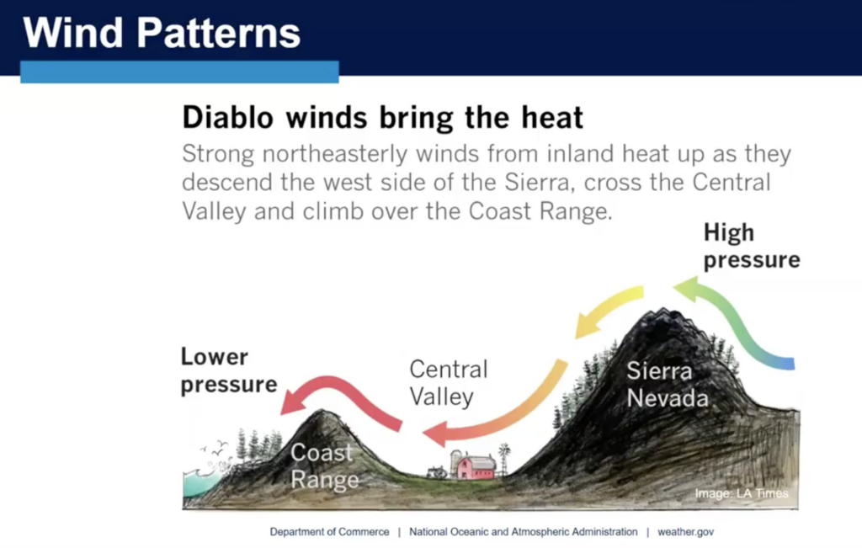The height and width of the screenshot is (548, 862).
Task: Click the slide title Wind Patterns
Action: (x=162, y=33)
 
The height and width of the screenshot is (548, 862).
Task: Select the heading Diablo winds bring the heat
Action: (x=383, y=118)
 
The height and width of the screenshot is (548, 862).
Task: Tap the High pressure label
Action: (x=752, y=246)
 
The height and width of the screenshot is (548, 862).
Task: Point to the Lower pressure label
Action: (x=229, y=370)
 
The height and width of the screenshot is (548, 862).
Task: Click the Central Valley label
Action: (x=449, y=383)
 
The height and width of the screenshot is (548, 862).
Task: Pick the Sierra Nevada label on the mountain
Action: (x=668, y=385)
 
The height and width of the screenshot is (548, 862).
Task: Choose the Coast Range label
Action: (x=324, y=466)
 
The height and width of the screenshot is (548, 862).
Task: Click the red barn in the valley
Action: (x=476, y=466)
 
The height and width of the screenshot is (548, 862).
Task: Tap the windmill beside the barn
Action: (x=503, y=459)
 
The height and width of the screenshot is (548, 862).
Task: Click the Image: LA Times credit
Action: (x=742, y=493)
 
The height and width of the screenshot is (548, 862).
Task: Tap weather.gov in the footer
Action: (x=685, y=532)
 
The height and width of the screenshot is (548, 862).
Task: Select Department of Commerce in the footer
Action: (x=329, y=532)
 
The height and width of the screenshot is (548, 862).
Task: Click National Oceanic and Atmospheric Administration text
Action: (x=524, y=532)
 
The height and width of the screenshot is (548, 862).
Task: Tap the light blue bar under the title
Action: (x=180, y=72)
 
